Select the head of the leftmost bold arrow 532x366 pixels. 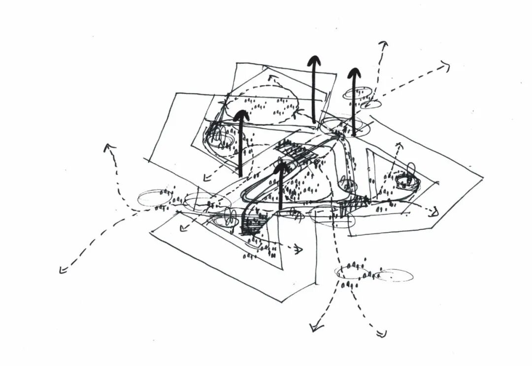[241, 116]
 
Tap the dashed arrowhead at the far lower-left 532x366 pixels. [63, 269]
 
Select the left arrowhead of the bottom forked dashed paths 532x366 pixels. [313, 327]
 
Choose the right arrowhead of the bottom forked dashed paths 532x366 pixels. [381, 334]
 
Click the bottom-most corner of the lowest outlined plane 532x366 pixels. [280, 301]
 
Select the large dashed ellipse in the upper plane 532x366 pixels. [262, 104]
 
